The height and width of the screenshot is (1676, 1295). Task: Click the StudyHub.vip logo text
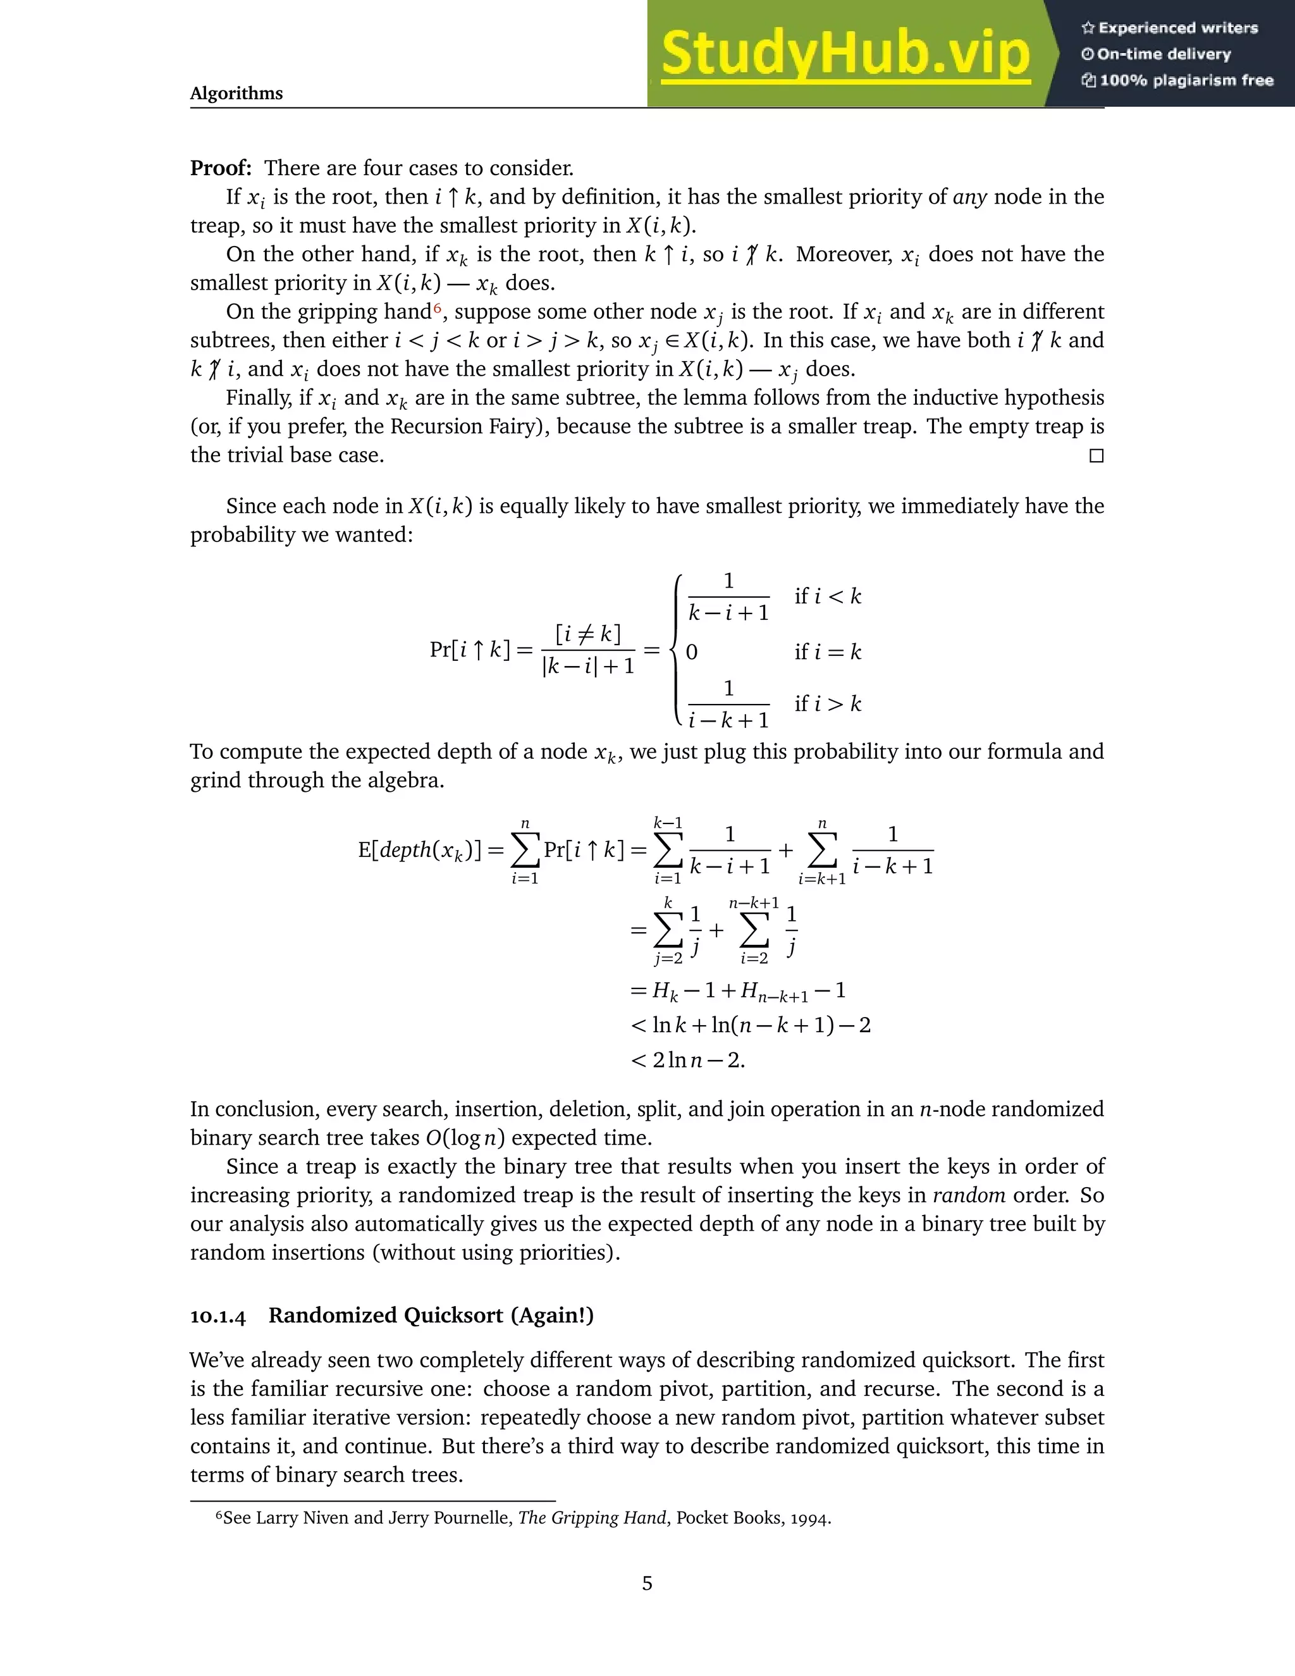[845, 54]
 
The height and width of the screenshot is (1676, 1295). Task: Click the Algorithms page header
[236, 94]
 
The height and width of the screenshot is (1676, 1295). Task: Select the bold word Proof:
[221, 168]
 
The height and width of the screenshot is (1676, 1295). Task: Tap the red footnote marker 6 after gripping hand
[438, 308]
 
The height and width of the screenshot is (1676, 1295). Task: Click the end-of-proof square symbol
[1096, 456]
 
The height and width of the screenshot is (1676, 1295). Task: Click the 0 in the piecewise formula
[691, 652]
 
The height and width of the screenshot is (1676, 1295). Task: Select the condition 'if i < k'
[828, 596]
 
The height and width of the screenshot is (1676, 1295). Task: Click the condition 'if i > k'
[828, 704]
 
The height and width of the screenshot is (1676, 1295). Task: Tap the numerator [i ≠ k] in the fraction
[587, 634]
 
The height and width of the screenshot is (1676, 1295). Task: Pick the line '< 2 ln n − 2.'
[687, 1061]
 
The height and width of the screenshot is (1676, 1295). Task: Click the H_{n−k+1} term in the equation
[774, 992]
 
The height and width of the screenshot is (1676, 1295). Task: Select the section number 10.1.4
[218, 1317]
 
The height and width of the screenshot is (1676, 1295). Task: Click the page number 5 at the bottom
[647, 1583]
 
